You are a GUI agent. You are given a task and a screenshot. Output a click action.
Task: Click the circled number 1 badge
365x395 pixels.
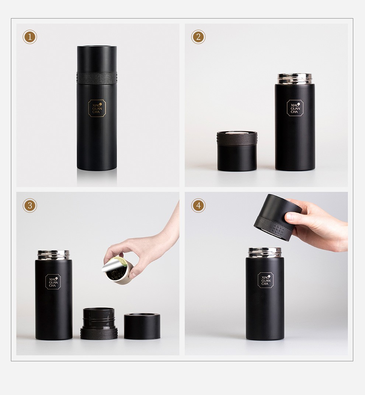29,37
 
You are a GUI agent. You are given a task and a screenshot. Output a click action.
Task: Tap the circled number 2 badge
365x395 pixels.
198,37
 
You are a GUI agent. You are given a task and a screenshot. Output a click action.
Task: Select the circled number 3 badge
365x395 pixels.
29,205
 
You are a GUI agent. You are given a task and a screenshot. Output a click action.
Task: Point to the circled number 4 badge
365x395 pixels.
198,205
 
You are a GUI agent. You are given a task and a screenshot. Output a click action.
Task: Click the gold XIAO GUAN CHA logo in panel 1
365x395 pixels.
97,108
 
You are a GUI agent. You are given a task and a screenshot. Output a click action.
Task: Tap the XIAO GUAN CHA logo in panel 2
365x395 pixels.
295,108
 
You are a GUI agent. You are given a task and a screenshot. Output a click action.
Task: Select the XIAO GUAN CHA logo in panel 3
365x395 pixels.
53,282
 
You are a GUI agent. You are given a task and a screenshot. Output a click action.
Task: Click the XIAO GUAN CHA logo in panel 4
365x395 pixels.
266,280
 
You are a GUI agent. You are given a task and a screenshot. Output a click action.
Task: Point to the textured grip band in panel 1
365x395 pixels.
97,78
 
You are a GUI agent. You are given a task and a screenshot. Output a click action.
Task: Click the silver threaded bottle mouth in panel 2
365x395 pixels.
295,79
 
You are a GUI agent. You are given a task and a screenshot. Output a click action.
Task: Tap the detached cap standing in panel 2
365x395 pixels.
237,151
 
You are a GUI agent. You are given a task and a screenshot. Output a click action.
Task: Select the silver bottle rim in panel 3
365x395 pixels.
53,255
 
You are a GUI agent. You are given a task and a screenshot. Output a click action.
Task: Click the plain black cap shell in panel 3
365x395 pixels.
142,326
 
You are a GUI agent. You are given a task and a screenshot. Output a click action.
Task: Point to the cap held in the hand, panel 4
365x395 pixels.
277,217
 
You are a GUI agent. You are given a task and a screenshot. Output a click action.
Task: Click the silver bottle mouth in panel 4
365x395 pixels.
265,253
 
